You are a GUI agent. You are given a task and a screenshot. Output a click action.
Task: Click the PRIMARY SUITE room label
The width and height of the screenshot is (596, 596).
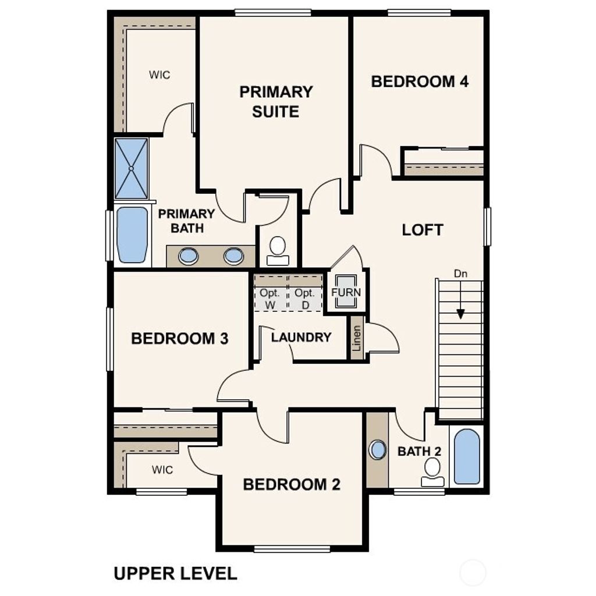[x=276, y=101]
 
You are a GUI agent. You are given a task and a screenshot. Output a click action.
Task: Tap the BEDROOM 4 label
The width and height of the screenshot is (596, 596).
[x=420, y=81]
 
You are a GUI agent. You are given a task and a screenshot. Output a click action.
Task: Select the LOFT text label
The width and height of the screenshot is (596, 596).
[x=423, y=230]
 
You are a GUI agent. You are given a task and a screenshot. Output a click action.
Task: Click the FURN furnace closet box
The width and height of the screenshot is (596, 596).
[x=346, y=292]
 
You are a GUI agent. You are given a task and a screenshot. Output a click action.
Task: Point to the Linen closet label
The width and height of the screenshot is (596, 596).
[x=356, y=338]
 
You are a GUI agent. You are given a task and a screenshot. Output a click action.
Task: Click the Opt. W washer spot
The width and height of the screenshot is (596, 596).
[x=271, y=299]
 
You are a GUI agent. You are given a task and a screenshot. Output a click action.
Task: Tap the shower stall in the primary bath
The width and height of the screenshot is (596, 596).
[x=132, y=168]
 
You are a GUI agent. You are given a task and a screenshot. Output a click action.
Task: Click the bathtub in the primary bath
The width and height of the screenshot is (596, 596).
[x=132, y=235]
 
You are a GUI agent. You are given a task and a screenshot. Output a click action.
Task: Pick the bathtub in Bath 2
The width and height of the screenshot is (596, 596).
[x=467, y=457]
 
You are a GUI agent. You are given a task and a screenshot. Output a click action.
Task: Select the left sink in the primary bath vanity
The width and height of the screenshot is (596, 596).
[x=189, y=256]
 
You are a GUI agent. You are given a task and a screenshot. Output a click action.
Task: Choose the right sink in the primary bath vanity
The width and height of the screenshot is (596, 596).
[x=234, y=256]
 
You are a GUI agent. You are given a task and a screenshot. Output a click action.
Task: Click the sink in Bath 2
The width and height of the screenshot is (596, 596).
[x=378, y=449]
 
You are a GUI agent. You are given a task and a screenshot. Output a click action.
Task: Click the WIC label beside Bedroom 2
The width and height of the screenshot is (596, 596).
[x=162, y=470]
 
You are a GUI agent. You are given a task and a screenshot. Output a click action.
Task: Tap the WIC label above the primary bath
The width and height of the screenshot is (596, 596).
[x=159, y=75]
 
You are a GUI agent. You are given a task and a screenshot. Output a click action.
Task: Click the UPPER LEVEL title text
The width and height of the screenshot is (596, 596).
[x=175, y=573]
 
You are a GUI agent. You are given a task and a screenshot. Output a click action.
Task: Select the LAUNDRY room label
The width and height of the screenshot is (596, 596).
[x=301, y=337]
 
